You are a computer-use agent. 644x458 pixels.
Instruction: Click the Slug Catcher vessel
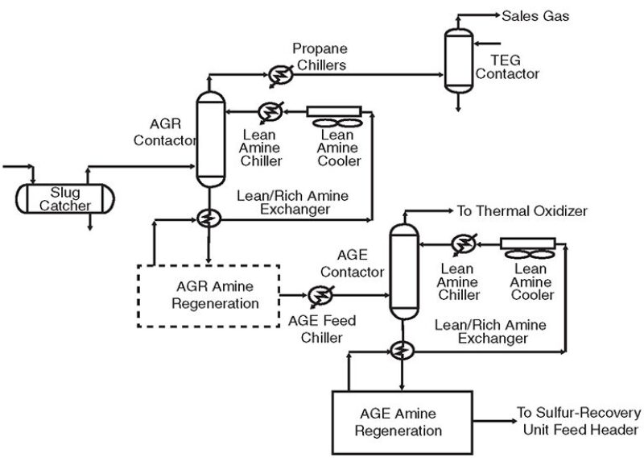64,198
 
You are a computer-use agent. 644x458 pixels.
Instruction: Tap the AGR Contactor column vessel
208,139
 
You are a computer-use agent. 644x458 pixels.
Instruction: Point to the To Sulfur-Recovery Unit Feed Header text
577,422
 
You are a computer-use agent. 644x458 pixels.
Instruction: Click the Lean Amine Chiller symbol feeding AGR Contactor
266,110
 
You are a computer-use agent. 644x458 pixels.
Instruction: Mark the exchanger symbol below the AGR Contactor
208,219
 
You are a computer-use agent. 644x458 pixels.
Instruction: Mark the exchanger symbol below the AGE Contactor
400,348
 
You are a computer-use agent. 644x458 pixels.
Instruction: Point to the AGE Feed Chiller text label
322,328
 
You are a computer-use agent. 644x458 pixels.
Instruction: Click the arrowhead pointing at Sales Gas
493,15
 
